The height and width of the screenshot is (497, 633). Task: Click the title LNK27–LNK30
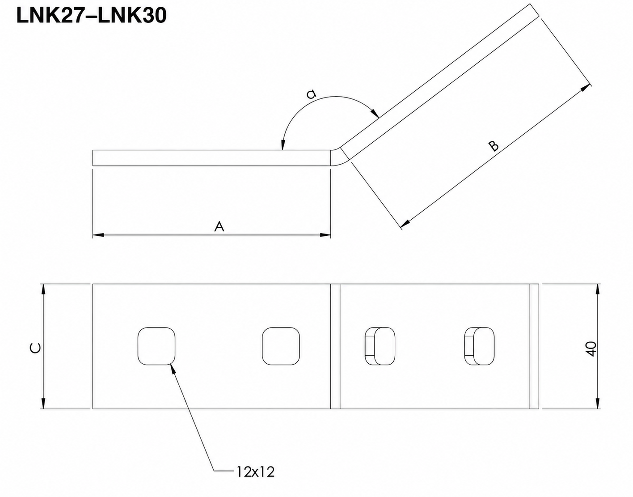pos(91,15)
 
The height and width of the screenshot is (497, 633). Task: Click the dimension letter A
pos(219,226)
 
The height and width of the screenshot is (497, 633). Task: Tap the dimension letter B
pos(494,146)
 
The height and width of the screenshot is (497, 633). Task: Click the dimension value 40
pos(592,349)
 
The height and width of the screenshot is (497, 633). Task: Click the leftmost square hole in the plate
pos(156,346)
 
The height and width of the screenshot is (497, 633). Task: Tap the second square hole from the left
pos(281,346)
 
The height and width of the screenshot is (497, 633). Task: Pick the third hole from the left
pos(380,346)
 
